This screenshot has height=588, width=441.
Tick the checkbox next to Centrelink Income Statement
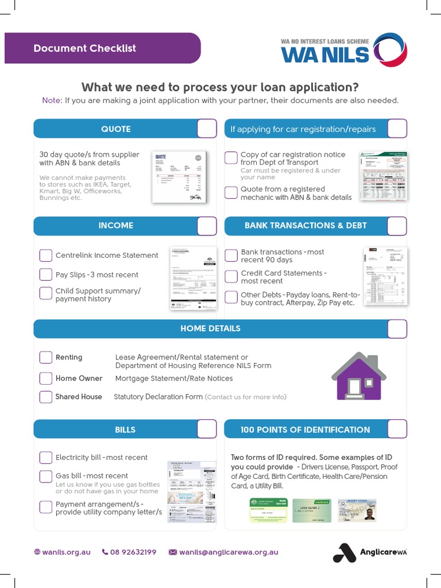tap(46, 256)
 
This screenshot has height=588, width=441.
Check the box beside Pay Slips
tap(46, 274)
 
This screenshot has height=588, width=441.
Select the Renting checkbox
tap(46, 357)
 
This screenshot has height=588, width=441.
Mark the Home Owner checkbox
tap(46, 378)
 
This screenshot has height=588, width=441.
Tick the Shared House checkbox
tap(46, 397)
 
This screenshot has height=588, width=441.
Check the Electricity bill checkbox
tap(46, 458)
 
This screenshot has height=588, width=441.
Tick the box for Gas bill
tap(46, 476)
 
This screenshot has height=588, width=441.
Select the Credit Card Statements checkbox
tap(231, 277)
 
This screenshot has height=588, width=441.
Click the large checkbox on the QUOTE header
tap(207, 129)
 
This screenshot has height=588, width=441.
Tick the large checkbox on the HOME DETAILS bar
tap(397, 328)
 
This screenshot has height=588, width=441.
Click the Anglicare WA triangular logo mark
tap(345, 552)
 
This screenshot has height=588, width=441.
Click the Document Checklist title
tap(85, 48)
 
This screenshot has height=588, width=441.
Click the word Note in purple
tap(51, 100)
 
